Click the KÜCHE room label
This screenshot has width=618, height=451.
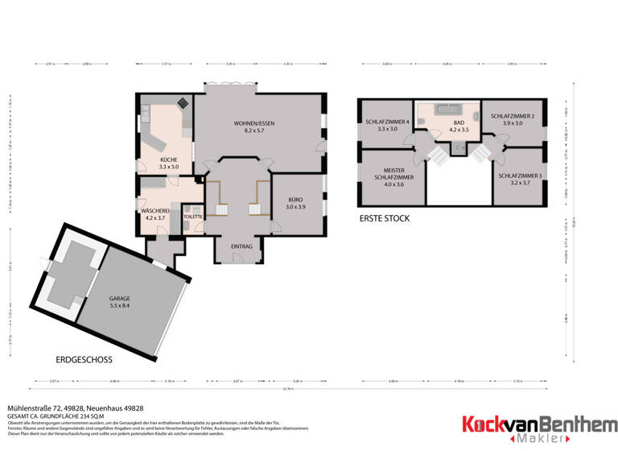point(169,159)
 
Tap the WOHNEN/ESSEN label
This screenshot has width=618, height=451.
point(254,122)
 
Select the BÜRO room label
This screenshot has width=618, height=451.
point(296,199)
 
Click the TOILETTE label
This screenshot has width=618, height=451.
point(192,217)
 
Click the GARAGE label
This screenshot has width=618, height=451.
point(119,298)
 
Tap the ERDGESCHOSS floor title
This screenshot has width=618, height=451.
point(84,359)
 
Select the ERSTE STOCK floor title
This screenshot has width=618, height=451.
point(385,218)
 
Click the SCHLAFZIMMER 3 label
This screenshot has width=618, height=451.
point(520,176)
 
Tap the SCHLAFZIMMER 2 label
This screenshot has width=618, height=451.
point(513,116)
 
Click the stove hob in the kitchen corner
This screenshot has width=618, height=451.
point(183,102)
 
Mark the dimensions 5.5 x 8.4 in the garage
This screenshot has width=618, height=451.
point(119,305)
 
